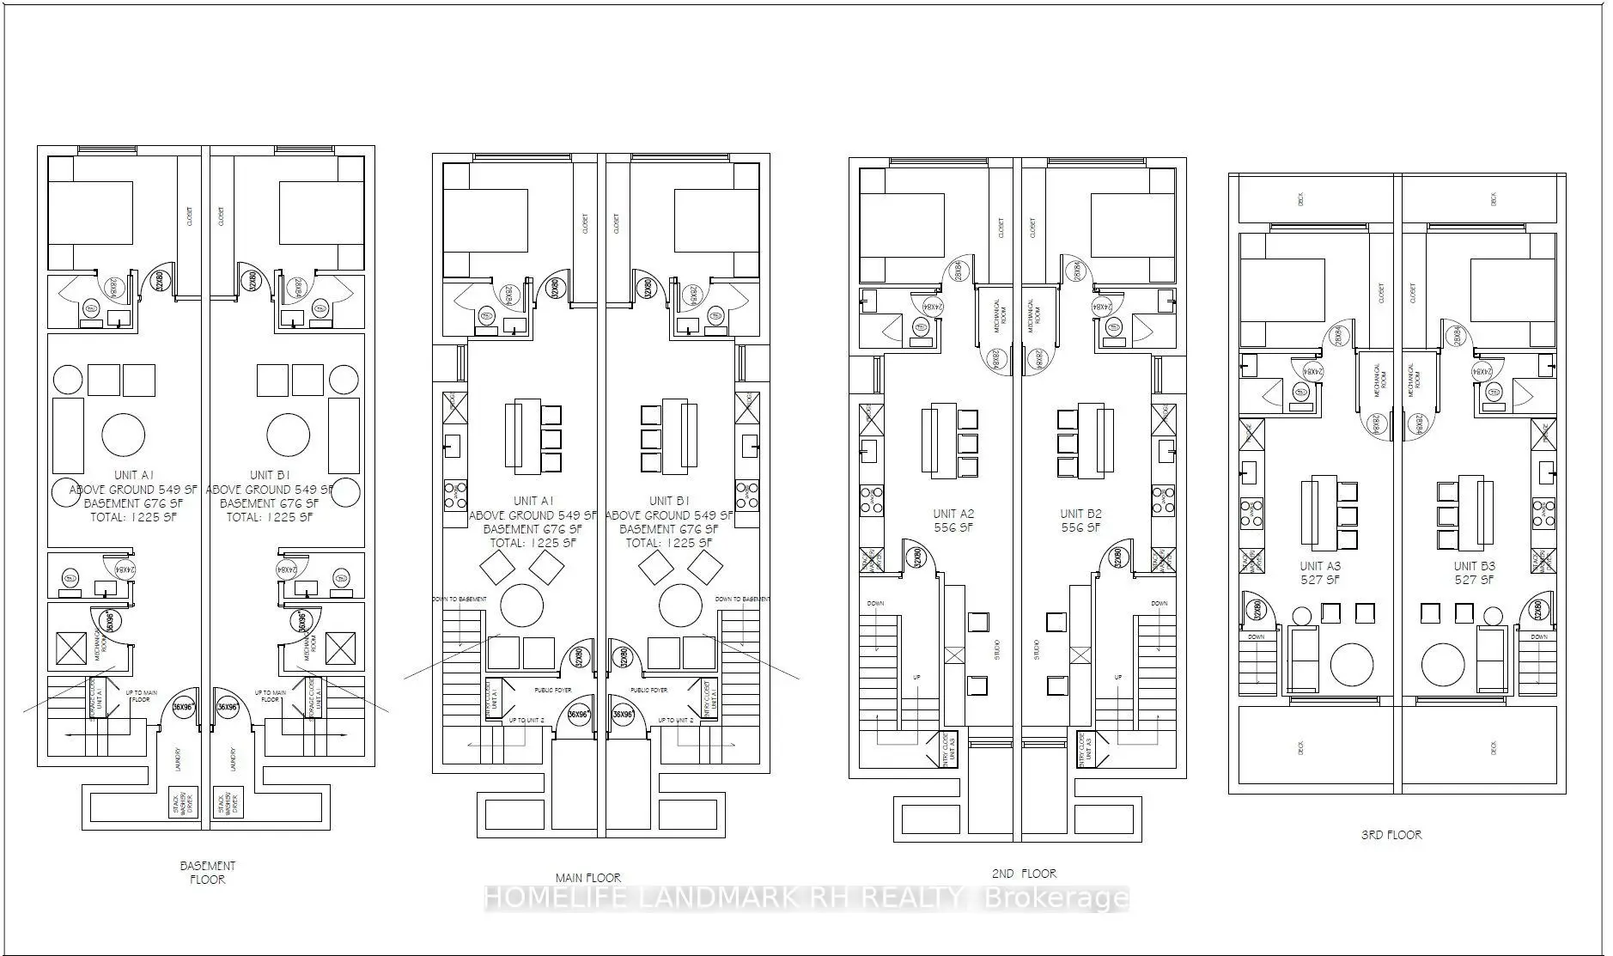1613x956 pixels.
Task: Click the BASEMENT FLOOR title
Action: pyautogui.click(x=207, y=872)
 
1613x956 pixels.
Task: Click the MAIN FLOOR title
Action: pyautogui.click(x=588, y=877)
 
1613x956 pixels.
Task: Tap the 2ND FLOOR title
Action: pyautogui.click(x=1024, y=873)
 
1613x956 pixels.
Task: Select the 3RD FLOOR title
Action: pyautogui.click(x=1391, y=834)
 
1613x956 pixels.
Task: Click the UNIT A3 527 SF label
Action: pyautogui.click(x=1320, y=573)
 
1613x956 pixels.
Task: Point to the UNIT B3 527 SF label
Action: pyautogui.click(x=1474, y=573)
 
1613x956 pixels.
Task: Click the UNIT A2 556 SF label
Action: pyautogui.click(x=953, y=521)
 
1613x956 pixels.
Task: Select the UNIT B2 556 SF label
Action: pyautogui.click(x=1080, y=521)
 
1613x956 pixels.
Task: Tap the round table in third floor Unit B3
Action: pyautogui.click(x=1443, y=664)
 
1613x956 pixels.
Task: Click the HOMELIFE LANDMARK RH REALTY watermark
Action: pyautogui.click(x=806, y=899)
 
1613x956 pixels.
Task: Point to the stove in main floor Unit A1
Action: pyautogui.click(x=454, y=496)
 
